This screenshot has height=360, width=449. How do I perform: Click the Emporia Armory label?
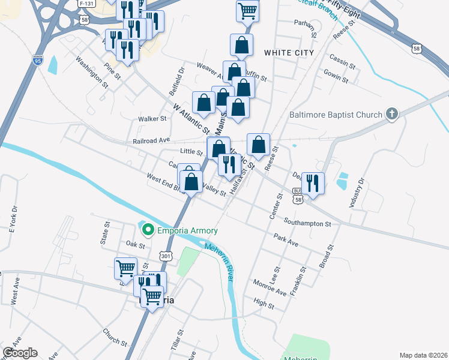tap(187, 230)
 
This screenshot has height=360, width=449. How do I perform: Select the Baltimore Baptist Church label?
tap(335, 115)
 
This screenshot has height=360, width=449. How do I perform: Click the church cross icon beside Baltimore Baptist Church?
tap(392, 114)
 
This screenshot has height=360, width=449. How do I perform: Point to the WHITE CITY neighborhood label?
tap(289, 53)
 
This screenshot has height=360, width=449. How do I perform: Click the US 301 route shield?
tap(166, 256)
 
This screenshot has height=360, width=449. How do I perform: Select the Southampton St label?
tap(307, 223)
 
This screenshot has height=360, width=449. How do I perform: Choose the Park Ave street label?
tap(286, 240)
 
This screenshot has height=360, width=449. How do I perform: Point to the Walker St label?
tap(152, 119)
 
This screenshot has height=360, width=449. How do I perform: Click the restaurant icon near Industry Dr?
tap(312, 182)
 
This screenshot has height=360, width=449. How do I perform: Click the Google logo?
tap(20, 353)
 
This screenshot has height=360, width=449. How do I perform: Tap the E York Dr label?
tap(10, 218)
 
